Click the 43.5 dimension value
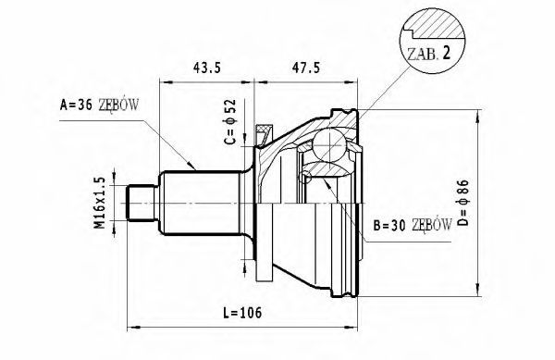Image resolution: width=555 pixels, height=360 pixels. pyautogui.click(x=206, y=68)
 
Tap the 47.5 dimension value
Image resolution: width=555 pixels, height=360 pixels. pyautogui.click(x=306, y=68)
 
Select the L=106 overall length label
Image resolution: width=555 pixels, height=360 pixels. pyautogui.click(x=242, y=313)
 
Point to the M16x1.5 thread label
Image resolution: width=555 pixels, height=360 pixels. pyautogui.click(x=100, y=203)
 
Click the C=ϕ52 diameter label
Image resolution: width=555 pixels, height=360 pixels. pyautogui.click(x=229, y=121)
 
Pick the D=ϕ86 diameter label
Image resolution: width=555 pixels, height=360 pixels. pyautogui.click(x=463, y=203)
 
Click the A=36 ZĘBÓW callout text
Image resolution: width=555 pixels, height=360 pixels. pyautogui.click(x=100, y=105)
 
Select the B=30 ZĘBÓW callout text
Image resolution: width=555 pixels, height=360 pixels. pyautogui.click(x=413, y=225)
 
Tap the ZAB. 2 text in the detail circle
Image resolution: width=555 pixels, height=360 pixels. pyautogui.click(x=429, y=54)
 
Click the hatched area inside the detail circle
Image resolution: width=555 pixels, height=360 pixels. pyautogui.click(x=438, y=28)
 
